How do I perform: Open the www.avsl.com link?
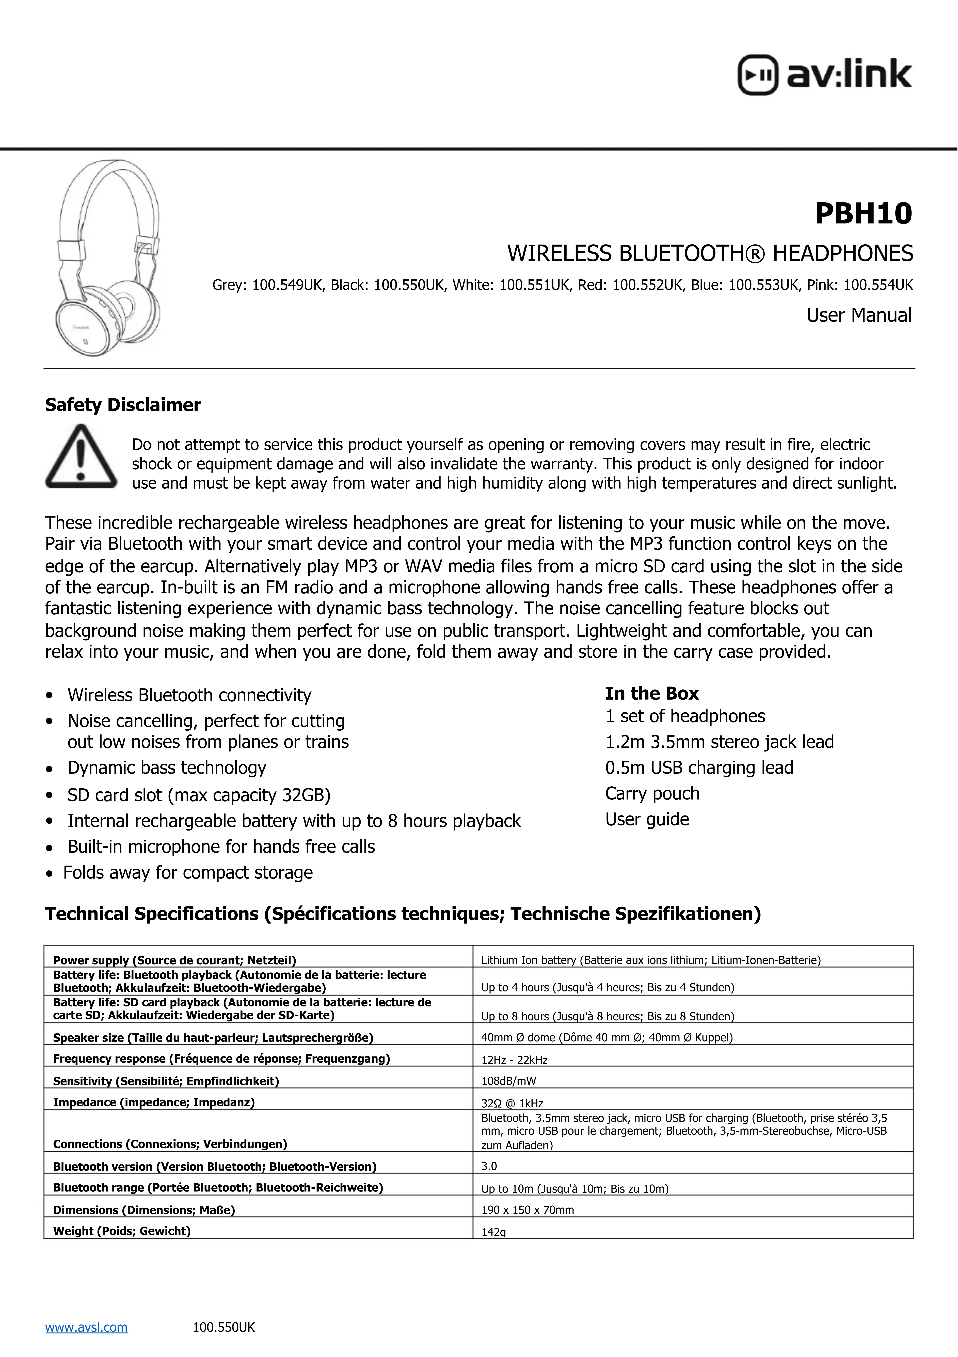point(86,1327)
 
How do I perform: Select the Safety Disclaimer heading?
point(123,405)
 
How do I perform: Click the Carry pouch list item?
point(652,793)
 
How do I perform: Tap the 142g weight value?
point(494,1232)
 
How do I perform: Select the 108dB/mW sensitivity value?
point(508,1081)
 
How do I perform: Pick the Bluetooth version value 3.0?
point(489,1166)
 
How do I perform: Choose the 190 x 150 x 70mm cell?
point(528,1210)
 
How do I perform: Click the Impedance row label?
point(154,1102)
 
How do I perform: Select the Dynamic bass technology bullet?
point(167,768)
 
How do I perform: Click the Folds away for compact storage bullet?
point(188,872)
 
